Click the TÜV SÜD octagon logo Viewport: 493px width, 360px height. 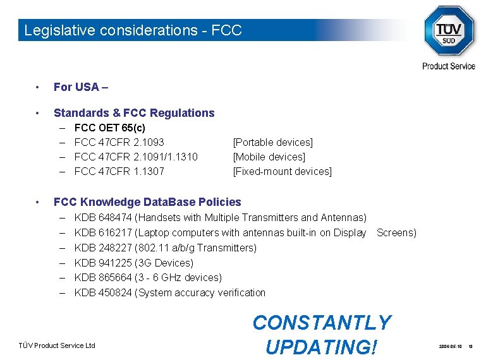[448, 31]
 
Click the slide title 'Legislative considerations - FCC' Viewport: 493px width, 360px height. [133, 30]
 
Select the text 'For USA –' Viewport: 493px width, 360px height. [81, 87]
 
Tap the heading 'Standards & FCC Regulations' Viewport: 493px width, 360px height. [134, 113]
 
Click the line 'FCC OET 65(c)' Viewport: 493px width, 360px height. [109, 128]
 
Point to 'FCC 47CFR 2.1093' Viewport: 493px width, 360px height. [119, 142]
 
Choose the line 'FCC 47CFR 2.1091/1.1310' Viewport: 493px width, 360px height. [136, 157]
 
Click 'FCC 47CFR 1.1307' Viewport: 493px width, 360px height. [119, 171]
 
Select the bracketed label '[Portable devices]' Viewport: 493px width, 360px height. [273, 142]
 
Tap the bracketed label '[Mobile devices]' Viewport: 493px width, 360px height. [269, 157]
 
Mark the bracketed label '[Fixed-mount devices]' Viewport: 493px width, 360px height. [283, 171]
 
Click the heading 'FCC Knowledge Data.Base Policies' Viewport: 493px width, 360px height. [147, 202]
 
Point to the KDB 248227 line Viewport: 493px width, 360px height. [166, 248]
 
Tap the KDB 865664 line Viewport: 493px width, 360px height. [148, 277]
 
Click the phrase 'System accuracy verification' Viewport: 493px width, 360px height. [203, 292]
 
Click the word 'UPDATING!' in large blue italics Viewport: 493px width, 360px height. [321, 346]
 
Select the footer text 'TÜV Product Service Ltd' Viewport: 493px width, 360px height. [56, 345]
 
